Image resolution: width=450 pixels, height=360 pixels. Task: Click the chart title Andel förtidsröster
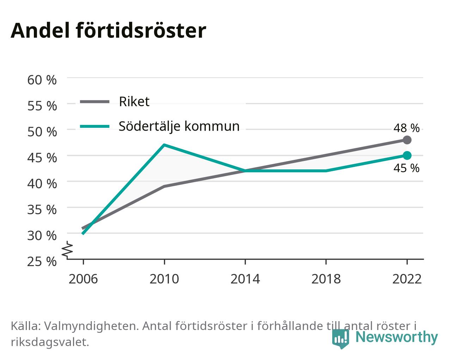tap(108, 31)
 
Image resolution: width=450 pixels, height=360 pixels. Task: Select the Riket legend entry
tap(115, 102)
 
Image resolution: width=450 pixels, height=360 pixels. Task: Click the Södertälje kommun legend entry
tap(160, 126)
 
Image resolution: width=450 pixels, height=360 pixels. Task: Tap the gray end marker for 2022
tap(407, 140)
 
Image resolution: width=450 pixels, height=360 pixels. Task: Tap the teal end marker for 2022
tap(407, 156)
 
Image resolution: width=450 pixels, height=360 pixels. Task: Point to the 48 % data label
tap(407, 128)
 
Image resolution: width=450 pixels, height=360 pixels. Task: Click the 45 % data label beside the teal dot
tap(407, 168)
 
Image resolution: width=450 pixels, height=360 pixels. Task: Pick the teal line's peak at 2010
tap(164, 145)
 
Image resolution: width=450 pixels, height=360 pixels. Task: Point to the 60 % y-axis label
tap(42, 80)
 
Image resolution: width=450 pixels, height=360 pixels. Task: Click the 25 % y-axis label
tap(42, 262)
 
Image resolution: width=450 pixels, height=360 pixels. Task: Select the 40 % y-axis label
tap(42, 184)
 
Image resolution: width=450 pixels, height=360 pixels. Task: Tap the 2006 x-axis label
tap(83, 279)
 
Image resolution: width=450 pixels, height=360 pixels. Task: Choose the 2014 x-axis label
tap(245, 279)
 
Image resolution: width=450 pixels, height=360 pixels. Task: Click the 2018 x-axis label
tap(326, 279)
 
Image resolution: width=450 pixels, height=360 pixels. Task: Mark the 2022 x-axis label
tap(407, 279)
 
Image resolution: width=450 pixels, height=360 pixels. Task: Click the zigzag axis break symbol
tap(67, 249)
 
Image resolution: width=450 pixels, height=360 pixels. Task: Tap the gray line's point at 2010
tap(164, 186)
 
